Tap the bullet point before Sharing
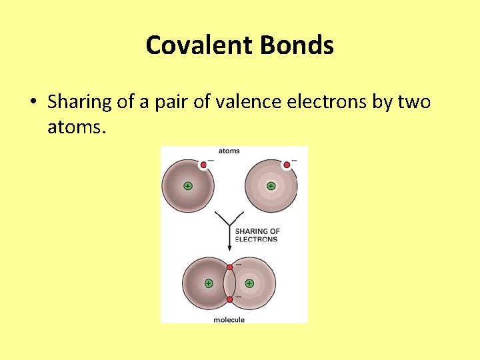point(32,103)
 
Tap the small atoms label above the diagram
point(229,151)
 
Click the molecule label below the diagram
point(229,319)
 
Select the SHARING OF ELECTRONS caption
point(257,235)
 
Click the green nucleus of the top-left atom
point(188,186)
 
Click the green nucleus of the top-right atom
point(271,186)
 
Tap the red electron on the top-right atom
point(287,165)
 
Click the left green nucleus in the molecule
point(208,283)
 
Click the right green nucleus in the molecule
point(249,283)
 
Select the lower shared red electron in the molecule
point(229,299)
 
